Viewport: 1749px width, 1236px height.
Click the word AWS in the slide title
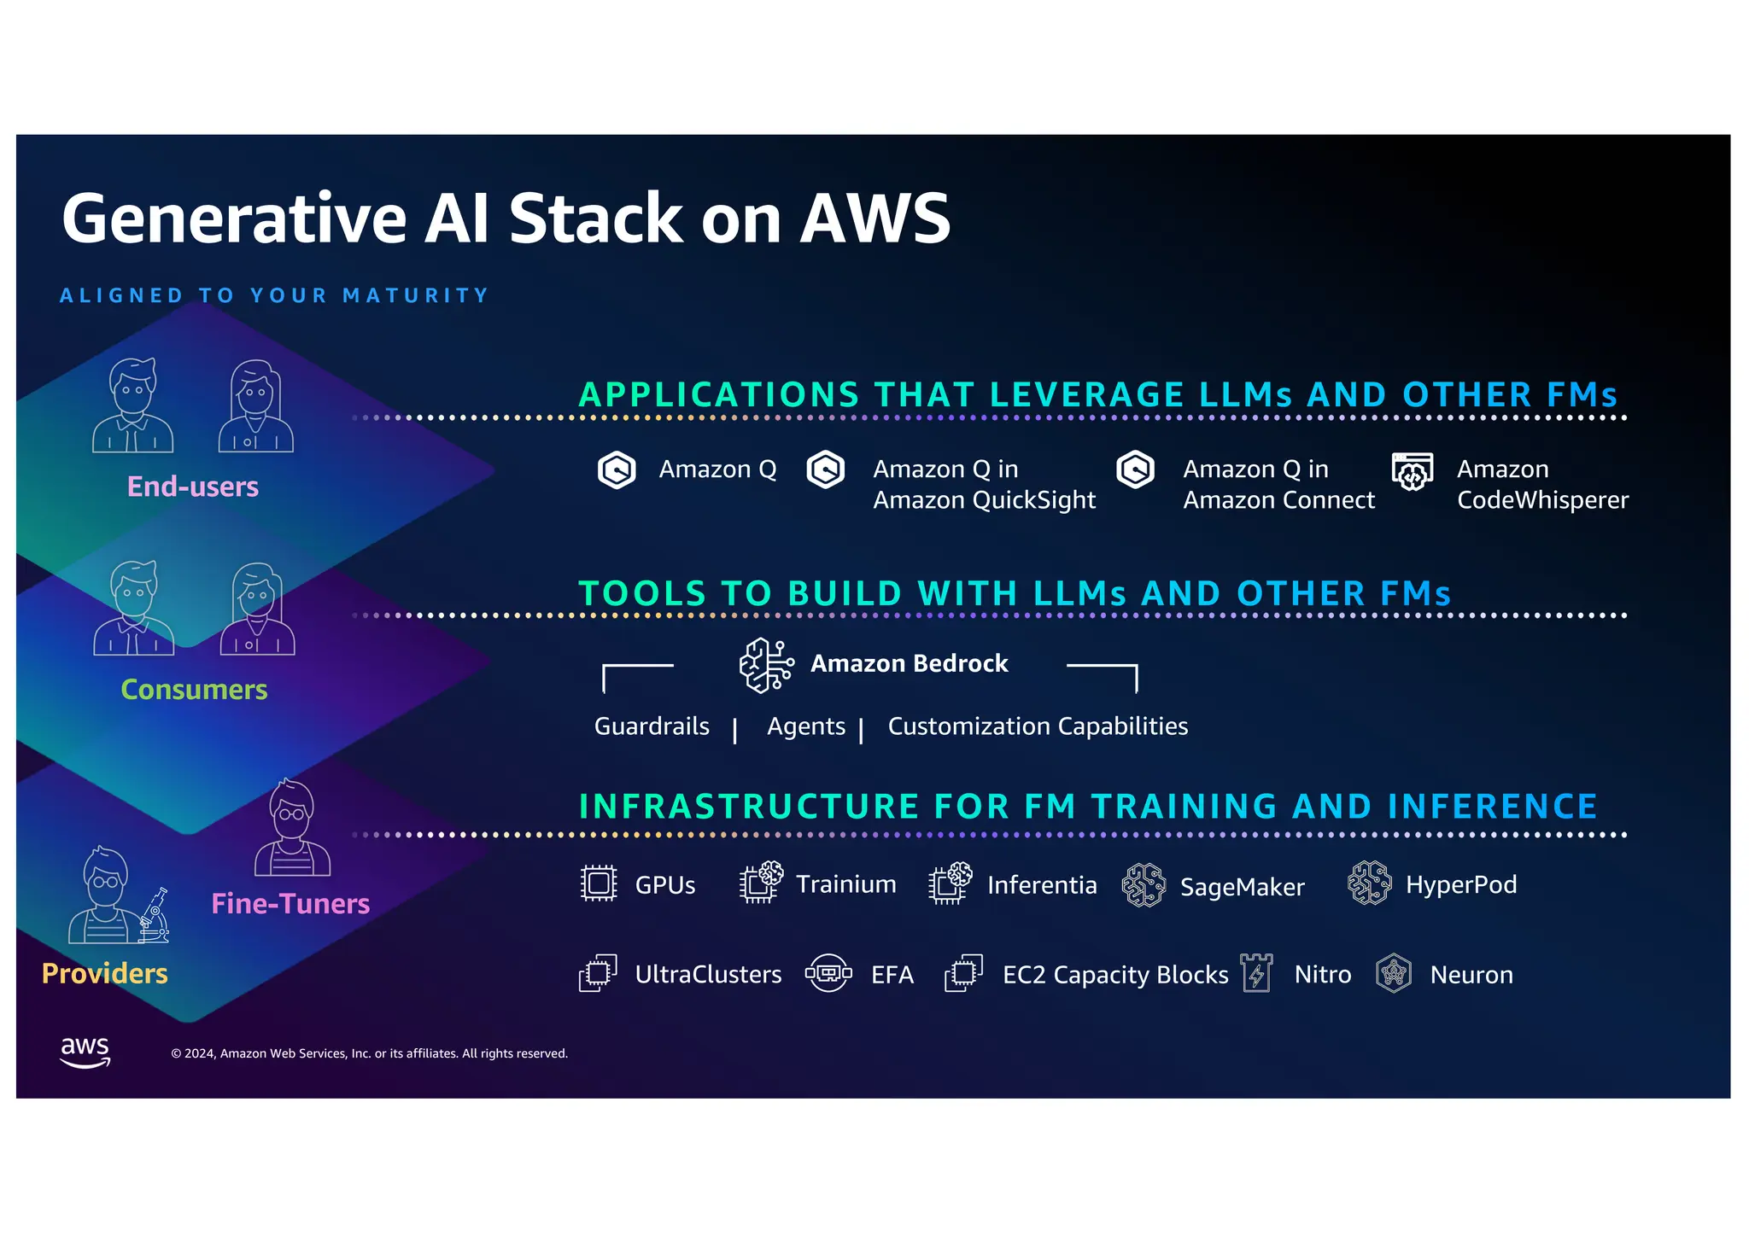tap(875, 219)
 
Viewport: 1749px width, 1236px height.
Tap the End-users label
tap(193, 487)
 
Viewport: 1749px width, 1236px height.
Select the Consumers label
tap(194, 690)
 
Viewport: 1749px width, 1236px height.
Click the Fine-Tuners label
tap(290, 904)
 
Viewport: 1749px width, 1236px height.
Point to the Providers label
tap(105, 974)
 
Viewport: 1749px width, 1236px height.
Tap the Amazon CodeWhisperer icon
tap(1413, 471)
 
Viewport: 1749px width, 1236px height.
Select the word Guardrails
tap(652, 726)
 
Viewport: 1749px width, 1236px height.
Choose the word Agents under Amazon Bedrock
tap(806, 726)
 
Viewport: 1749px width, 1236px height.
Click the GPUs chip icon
tap(599, 884)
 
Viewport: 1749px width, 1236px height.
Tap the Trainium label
tap(846, 884)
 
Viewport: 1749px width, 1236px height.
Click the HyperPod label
tap(1461, 885)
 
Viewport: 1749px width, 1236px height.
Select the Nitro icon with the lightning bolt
tap(1256, 973)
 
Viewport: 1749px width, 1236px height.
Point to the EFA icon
tap(828, 973)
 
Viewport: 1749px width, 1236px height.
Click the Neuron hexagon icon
tap(1394, 973)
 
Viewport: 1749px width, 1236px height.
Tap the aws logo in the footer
tap(85, 1052)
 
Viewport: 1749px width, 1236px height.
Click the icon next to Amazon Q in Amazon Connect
tap(1136, 469)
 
